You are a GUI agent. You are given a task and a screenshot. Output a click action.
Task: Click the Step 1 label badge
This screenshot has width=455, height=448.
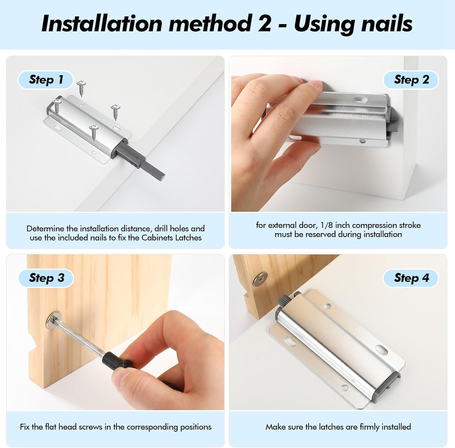point(46,80)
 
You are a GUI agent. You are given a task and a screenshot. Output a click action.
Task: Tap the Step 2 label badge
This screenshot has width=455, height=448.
point(411,80)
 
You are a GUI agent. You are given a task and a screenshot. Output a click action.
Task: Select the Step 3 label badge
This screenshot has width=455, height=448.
point(46,278)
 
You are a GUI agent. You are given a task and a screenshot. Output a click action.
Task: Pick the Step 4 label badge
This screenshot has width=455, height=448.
point(411,278)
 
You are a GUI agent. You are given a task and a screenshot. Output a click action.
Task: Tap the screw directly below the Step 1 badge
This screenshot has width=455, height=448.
point(81,88)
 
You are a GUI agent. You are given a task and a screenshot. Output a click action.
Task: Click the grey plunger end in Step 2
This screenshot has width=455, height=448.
point(393,124)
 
